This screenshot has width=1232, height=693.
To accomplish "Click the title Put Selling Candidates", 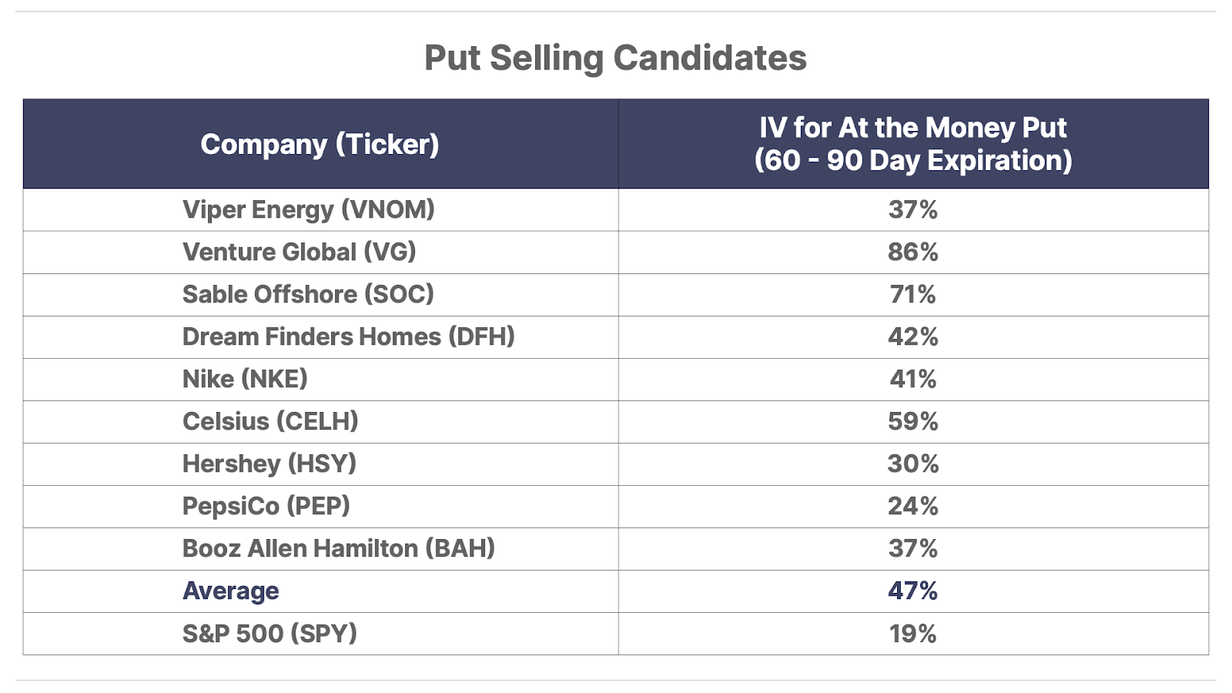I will (615, 58).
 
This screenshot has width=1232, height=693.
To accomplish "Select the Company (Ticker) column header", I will (320, 144).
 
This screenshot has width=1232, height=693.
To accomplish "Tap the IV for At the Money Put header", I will (912, 144).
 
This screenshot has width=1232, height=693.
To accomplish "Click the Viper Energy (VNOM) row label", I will (308, 209).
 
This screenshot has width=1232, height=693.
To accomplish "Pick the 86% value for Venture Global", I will (912, 252).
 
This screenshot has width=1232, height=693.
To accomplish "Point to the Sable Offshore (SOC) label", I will (308, 294).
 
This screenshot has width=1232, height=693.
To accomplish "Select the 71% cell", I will (912, 294).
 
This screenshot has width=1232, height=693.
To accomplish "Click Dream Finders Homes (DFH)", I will (348, 336).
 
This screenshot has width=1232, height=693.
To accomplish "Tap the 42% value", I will (912, 336).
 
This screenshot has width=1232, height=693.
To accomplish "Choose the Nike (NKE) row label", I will (245, 379).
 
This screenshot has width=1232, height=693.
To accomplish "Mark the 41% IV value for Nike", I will (912, 379).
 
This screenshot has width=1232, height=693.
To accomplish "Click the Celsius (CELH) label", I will (270, 421).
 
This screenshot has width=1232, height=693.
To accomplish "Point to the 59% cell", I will (912, 421).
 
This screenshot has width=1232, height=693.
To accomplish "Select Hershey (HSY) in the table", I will (269, 464).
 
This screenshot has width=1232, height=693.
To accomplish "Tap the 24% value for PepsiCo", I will (912, 506).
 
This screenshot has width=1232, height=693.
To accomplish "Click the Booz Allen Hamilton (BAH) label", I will (338, 548).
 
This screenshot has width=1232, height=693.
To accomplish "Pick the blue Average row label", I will (230, 591).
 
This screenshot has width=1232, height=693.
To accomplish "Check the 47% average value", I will (912, 591).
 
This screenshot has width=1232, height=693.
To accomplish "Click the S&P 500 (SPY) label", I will (269, 633).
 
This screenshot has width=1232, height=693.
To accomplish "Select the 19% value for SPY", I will (912, 633).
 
